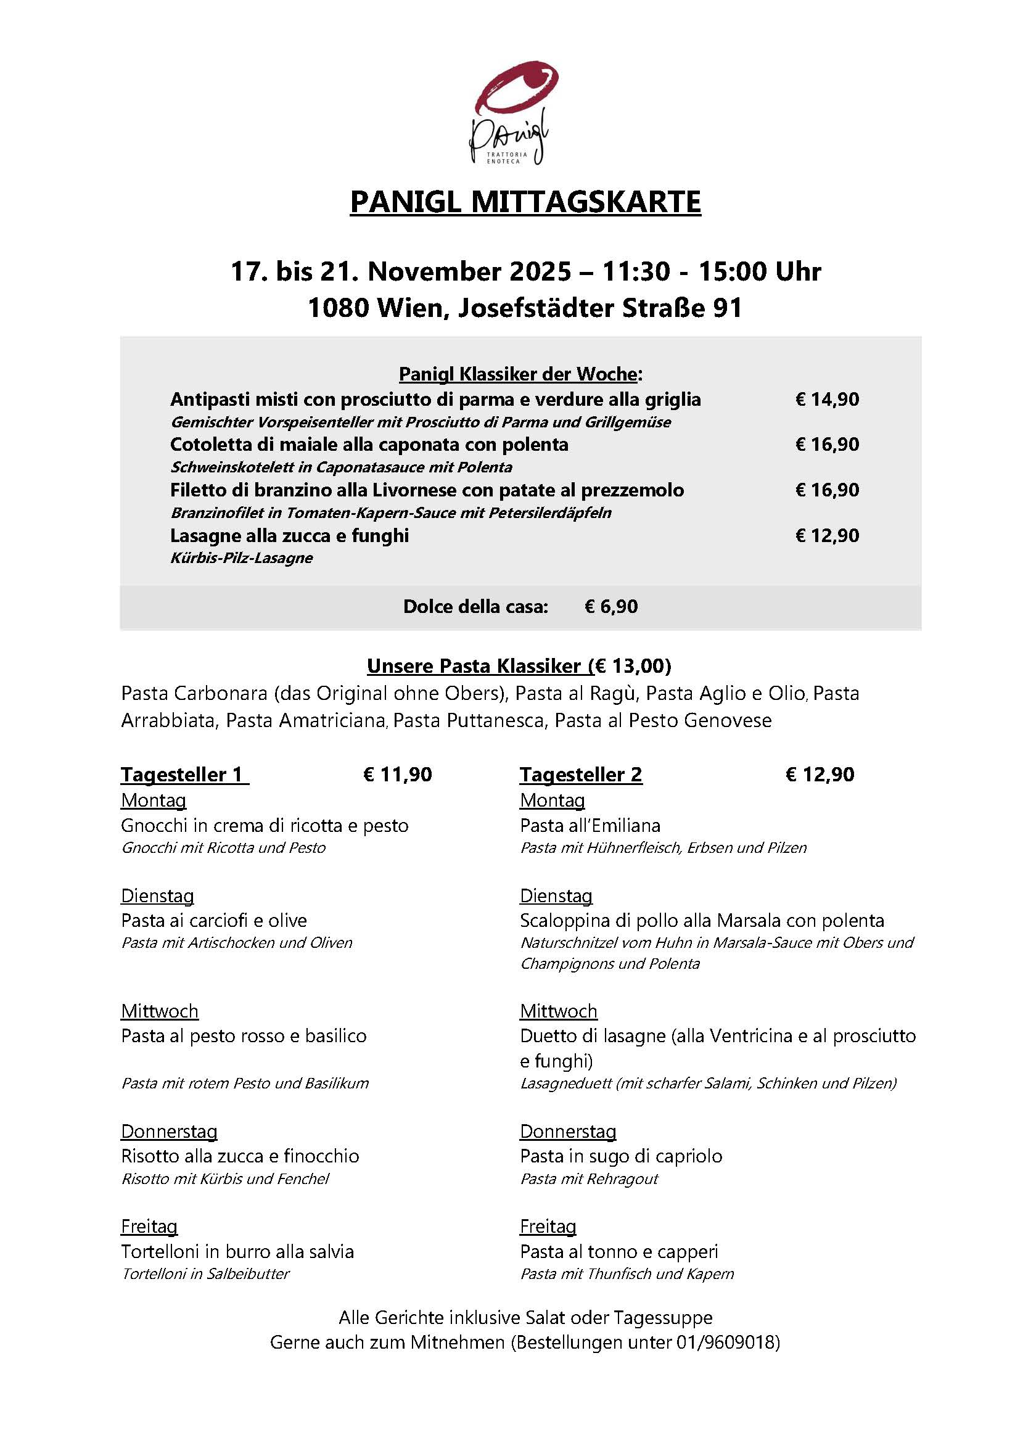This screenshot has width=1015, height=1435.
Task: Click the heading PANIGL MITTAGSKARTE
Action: click(x=525, y=202)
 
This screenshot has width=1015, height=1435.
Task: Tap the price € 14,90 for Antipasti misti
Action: click(x=827, y=400)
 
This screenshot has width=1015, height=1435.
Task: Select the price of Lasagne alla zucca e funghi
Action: click(x=827, y=536)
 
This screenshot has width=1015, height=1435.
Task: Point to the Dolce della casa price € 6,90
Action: click(x=610, y=607)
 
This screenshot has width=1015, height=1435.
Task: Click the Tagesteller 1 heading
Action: click(x=184, y=775)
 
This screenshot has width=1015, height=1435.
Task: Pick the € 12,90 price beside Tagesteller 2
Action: click(x=820, y=775)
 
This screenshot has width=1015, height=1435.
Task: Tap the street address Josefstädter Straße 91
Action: click(x=600, y=308)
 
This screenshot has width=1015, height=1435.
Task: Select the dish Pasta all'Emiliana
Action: click(x=590, y=826)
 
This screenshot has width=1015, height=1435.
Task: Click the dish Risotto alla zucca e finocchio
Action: click(x=240, y=1156)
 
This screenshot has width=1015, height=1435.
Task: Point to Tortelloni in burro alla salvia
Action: click(x=237, y=1251)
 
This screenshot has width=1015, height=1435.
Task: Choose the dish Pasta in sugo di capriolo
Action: click(x=620, y=1156)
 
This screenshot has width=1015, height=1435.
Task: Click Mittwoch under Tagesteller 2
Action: click(x=558, y=1011)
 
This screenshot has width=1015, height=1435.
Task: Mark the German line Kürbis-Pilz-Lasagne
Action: click(x=241, y=558)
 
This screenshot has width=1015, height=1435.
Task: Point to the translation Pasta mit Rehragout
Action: click(x=590, y=1178)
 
